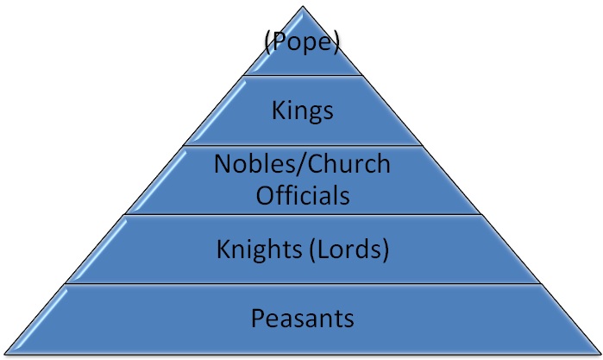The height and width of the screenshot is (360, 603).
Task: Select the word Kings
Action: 302,111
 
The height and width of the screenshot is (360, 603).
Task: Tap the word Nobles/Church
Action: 302,163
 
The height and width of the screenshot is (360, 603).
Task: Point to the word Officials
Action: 302,194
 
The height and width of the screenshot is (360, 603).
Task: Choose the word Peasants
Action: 302,318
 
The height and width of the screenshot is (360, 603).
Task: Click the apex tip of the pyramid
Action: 303,7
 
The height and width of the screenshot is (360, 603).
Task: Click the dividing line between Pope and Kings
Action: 302,76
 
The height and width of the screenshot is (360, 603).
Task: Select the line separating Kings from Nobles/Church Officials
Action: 302,145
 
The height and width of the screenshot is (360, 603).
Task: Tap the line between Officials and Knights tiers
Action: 302,214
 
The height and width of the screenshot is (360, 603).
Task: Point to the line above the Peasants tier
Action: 302,283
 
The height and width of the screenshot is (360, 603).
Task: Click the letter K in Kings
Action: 277,111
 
